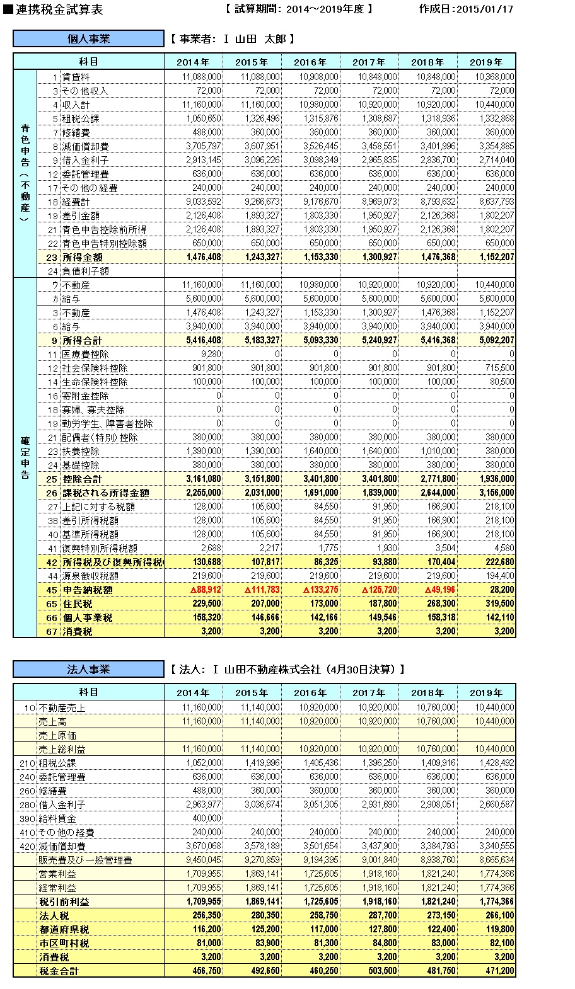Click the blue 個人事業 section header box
[88, 39]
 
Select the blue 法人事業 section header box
[88, 669]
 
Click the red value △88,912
[202, 590]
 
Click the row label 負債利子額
[85, 271]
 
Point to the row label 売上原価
[57, 735]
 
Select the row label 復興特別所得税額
[99, 548]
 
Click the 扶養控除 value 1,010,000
[437, 451]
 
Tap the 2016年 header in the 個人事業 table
[310, 62]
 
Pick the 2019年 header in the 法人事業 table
[486, 693]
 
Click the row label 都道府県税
[64, 929]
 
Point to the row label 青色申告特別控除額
[104, 243]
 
